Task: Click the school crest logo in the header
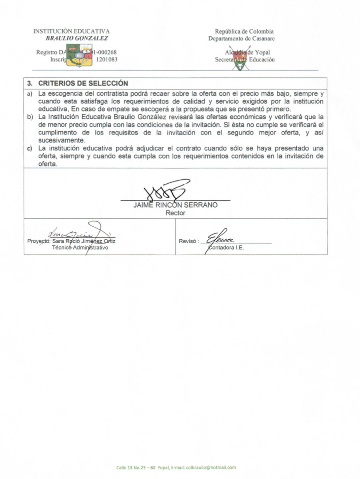(79, 55)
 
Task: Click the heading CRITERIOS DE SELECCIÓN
(83, 83)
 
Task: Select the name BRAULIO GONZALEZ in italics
(77, 38)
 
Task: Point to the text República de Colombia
(244, 31)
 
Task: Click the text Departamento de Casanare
(241, 38)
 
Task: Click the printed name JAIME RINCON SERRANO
(175, 205)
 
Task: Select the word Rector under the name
(175, 213)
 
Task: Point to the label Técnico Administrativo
(80, 248)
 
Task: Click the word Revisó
(187, 241)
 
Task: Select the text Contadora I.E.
(226, 248)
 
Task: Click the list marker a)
(30, 94)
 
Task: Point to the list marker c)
(30, 148)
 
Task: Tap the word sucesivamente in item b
(61, 141)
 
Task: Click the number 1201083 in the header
(107, 59)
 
